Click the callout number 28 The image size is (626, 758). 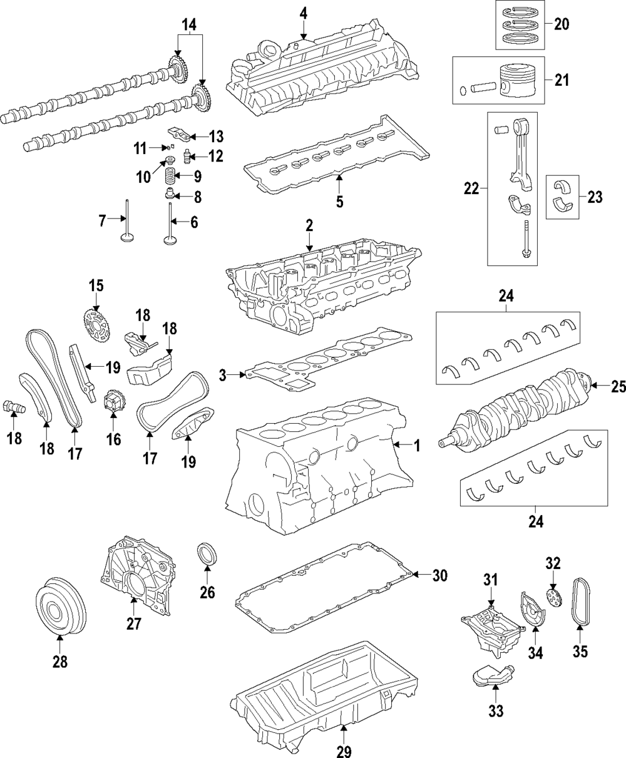tap(60, 662)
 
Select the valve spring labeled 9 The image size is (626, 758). tap(170, 177)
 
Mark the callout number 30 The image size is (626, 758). tap(439, 575)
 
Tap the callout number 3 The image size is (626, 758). tap(222, 376)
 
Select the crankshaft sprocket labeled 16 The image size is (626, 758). tap(112, 402)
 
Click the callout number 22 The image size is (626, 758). tap(471, 188)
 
